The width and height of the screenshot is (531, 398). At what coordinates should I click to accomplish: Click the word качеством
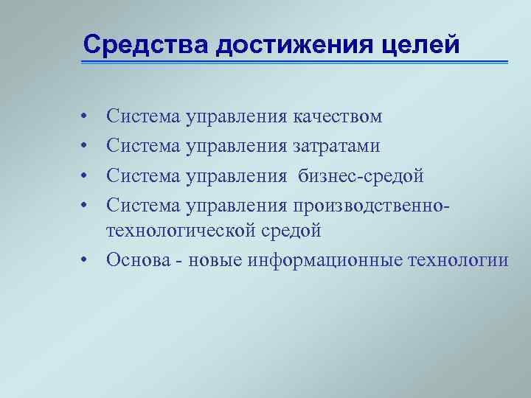point(337,116)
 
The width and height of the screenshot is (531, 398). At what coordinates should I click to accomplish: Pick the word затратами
point(336,146)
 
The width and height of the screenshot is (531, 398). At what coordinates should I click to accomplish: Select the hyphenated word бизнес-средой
point(361,175)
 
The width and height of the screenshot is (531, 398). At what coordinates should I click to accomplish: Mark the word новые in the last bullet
point(215,260)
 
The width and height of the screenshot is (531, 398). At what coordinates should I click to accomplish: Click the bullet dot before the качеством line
point(86,117)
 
